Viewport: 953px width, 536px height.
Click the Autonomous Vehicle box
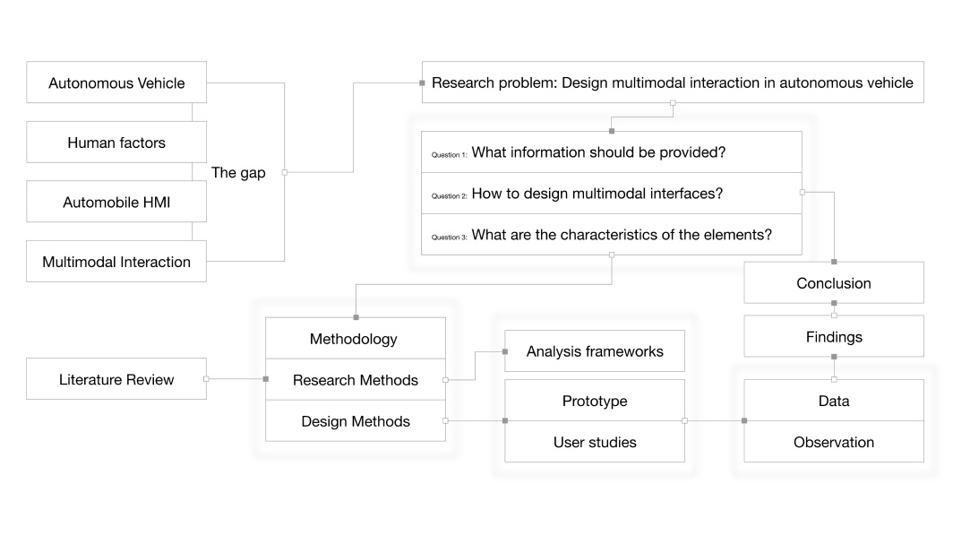(x=116, y=83)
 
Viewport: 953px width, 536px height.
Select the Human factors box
(x=116, y=143)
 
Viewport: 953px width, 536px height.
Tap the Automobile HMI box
(x=116, y=203)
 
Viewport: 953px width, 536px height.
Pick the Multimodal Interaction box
(x=116, y=262)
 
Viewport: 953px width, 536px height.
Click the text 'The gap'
(x=238, y=173)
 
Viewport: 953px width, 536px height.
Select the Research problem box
(x=672, y=82)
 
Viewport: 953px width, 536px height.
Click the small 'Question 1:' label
(x=449, y=155)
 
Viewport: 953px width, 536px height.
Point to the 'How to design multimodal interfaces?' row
(x=597, y=194)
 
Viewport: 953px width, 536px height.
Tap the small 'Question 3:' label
(x=449, y=238)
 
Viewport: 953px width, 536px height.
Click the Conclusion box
(x=833, y=283)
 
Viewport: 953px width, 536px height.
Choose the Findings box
(x=833, y=337)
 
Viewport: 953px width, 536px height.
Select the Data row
(x=833, y=401)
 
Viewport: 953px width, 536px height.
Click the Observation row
(x=833, y=442)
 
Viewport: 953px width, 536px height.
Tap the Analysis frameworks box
(x=595, y=351)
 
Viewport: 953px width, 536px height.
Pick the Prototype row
(x=595, y=401)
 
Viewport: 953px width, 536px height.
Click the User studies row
(x=595, y=442)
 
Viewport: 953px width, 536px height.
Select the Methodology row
(x=355, y=339)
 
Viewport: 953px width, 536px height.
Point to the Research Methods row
(x=355, y=380)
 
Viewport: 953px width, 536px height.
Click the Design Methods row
(x=355, y=421)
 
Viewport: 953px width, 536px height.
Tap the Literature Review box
(x=116, y=379)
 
